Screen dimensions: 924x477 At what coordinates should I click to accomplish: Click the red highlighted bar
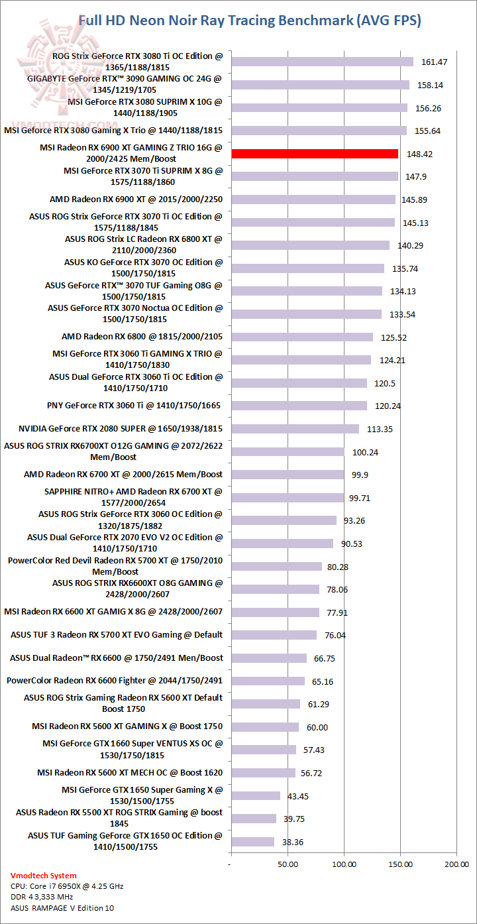[315, 154]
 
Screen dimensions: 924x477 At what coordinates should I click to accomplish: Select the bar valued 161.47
[322, 62]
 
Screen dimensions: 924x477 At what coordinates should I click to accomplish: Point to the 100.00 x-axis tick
[344, 864]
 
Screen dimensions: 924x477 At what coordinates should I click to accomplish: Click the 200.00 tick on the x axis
[456, 864]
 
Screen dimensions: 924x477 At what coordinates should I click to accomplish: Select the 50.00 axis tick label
[287, 864]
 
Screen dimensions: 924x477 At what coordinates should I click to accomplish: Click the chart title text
[250, 21]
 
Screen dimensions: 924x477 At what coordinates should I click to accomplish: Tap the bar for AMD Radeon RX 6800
[301, 337]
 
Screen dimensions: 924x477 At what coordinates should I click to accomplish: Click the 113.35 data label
[380, 429]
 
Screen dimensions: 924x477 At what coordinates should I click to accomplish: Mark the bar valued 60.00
[264, 727]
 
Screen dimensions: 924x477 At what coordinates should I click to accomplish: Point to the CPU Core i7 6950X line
[67, 886]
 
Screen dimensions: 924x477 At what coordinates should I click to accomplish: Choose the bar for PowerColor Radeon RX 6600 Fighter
[268, 681]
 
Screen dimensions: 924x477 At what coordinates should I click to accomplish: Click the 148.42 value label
[420, 154]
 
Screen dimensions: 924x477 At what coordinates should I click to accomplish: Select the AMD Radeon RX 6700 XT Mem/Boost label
[123, 475]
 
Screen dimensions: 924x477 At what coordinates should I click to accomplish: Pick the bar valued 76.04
[274, 635]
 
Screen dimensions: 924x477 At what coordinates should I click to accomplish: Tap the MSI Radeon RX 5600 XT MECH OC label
[130, 773]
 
